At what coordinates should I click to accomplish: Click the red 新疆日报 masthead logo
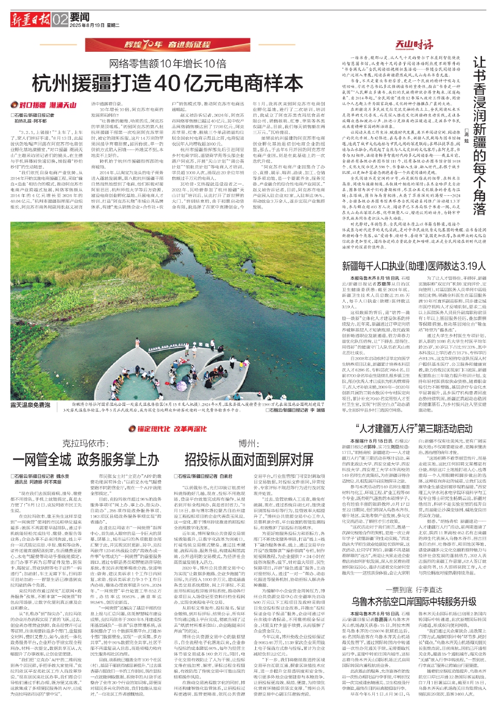pyautogui.click(x=31, y=20)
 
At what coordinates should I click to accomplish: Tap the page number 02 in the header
pyautogui.click(x=60, y=20)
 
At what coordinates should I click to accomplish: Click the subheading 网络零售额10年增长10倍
pyautogui.click(x=168, y=64)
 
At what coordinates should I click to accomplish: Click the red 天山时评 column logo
pyautogui.click(x=414, y=44)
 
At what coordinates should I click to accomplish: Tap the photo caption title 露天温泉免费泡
pyautogui.click(x=31, y=405)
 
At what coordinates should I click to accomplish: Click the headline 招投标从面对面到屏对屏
pyautogui.click(x=249, y=459)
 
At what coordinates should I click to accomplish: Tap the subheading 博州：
pyautogui.click(x=249, y=444)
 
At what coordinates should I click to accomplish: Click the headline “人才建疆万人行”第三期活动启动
pyautogui.click(x=414, y=429)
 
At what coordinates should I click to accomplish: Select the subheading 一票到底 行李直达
pyautogui.click(x=414, y=590)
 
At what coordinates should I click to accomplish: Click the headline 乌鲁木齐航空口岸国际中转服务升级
pyautogui.click(x=414, y=601)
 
